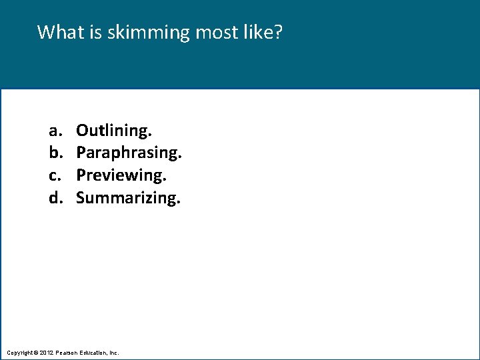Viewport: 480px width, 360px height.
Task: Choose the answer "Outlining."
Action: (114, 129)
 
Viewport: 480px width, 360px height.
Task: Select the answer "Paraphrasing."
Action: (129, 153)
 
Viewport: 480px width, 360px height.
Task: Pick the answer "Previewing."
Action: (121, 175)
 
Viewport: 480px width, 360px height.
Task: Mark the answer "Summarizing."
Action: (128, 197)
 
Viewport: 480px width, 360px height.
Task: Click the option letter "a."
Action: (53, 130)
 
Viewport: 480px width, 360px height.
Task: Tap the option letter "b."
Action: (54, 153)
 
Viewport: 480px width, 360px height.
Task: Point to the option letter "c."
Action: (53, 175)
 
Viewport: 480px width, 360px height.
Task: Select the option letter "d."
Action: (54, 197)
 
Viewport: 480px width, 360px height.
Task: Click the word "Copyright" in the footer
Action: (19, 352)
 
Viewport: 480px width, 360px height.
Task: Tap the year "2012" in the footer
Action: (46, 352)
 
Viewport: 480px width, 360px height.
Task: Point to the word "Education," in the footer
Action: (95, 352)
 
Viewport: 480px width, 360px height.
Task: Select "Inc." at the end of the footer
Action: (115, 352)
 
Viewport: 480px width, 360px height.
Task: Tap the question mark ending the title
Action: (278, 32)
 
